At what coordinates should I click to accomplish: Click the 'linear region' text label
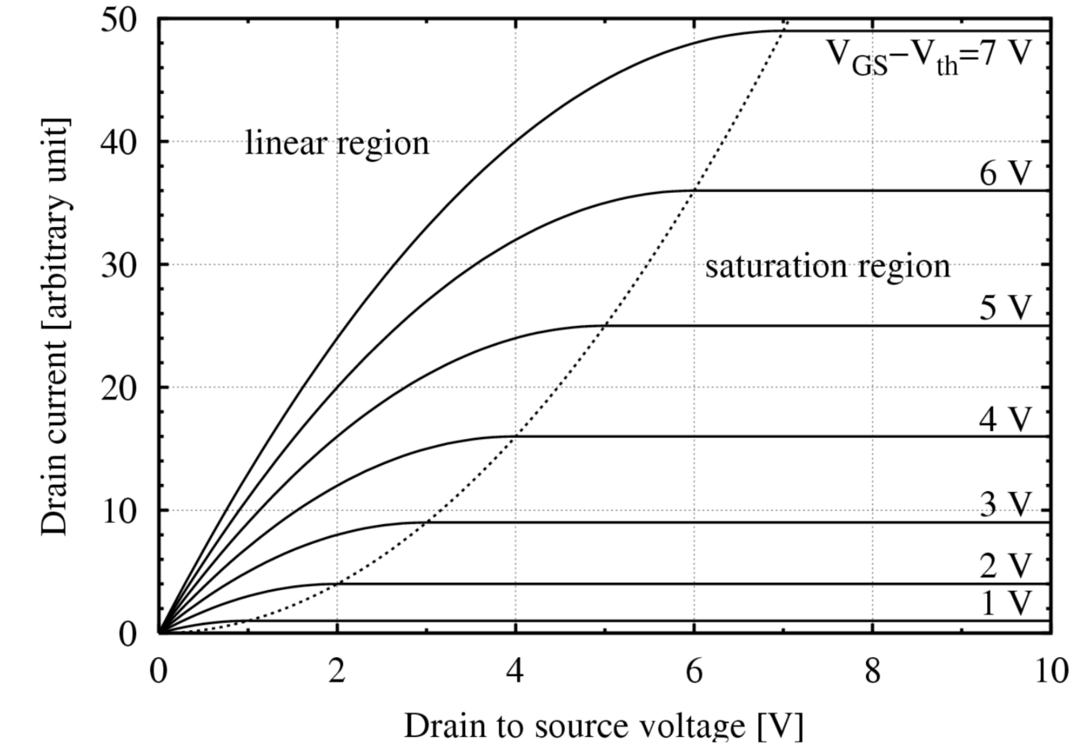pos(337,143)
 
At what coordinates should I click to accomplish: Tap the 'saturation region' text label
pos(827,266)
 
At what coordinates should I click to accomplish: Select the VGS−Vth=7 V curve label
pos(929,55)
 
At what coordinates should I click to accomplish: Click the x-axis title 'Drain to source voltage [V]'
pos(603,725)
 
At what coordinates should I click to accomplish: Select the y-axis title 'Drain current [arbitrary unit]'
pos(55,326)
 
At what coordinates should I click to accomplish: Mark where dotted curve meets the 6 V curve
pos(694,191)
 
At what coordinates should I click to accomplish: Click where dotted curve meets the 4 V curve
pos(516,437)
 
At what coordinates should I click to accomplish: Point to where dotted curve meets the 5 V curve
pos(605,326)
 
